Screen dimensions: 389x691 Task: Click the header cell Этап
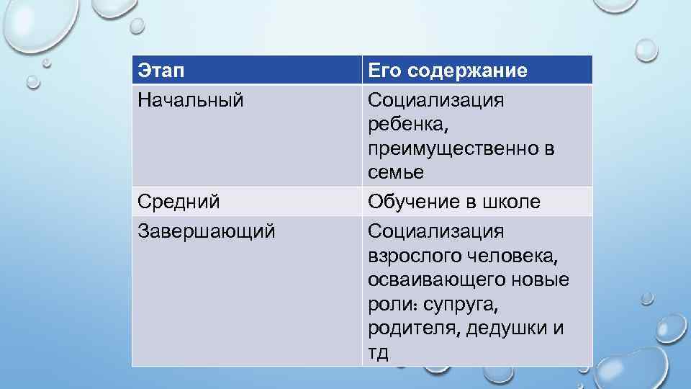(161, 71)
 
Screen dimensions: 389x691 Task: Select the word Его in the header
(384, 71)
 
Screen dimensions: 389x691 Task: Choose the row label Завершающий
(206, 231)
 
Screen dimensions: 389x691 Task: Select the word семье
(396, 173)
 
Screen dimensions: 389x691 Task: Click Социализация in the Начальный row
(435, 99)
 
